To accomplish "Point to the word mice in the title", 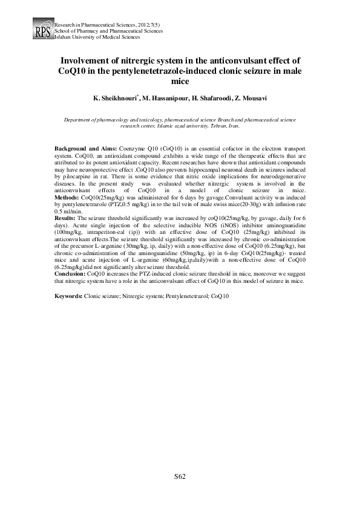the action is (180, 82).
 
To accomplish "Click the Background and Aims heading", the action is (85, 148).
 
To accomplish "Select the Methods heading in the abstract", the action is (67, 198).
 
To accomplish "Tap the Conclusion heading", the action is (70, 274).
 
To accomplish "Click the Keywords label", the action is (68, 296).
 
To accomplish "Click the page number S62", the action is (180, 476).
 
